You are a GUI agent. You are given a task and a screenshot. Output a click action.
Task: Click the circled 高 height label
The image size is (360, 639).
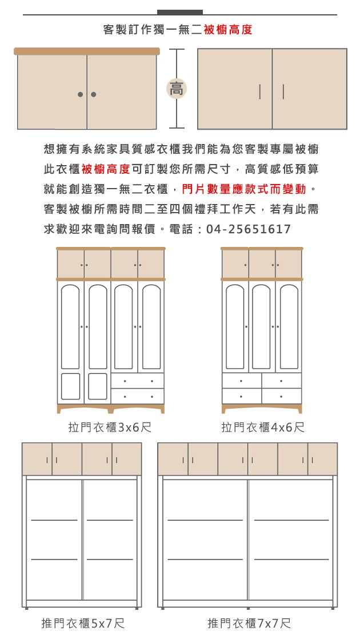coord(177,89)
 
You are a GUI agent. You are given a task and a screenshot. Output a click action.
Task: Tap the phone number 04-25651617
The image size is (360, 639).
coord(249,229)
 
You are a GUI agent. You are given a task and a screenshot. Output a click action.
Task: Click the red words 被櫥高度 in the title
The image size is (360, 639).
coord(228,30)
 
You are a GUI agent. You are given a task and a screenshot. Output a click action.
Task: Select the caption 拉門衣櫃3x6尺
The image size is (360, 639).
coord(110,427)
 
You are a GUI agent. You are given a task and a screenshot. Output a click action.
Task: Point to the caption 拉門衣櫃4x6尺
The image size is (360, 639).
coord(263,427)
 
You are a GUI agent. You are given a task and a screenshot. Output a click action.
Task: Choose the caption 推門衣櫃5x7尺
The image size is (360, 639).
coord(83,623)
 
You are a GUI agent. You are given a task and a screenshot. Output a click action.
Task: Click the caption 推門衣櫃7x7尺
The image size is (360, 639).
coord(249,623)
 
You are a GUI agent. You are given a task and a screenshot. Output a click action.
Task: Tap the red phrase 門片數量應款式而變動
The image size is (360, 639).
coord(243,189)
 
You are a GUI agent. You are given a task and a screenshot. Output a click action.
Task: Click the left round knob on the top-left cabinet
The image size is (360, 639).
coord(81,94)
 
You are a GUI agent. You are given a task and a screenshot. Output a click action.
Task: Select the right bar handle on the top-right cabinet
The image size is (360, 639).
coord(283,92)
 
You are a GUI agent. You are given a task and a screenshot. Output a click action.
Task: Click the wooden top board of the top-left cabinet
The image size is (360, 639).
coord(87,51)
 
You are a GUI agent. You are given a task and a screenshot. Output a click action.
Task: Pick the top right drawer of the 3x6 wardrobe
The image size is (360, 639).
coord(138,381)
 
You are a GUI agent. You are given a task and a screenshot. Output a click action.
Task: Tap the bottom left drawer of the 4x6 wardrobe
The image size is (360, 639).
coord(242,396)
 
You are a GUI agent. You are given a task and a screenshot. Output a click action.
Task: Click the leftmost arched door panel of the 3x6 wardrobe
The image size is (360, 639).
coord(70,327)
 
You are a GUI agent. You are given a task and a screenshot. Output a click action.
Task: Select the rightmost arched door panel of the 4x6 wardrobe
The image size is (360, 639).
coord(289,327)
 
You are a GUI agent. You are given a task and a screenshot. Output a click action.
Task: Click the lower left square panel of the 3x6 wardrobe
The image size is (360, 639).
coord(70,386)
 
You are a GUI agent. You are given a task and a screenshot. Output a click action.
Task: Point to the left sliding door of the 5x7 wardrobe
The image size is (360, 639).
coord(54,540)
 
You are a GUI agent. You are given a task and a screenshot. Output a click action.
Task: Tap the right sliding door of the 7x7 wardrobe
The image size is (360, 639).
coord(291,540)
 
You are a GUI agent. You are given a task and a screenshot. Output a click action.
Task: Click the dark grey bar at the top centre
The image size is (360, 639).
coord(180,12)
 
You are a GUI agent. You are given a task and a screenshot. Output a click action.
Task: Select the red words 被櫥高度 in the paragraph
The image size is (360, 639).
coord(106,169)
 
